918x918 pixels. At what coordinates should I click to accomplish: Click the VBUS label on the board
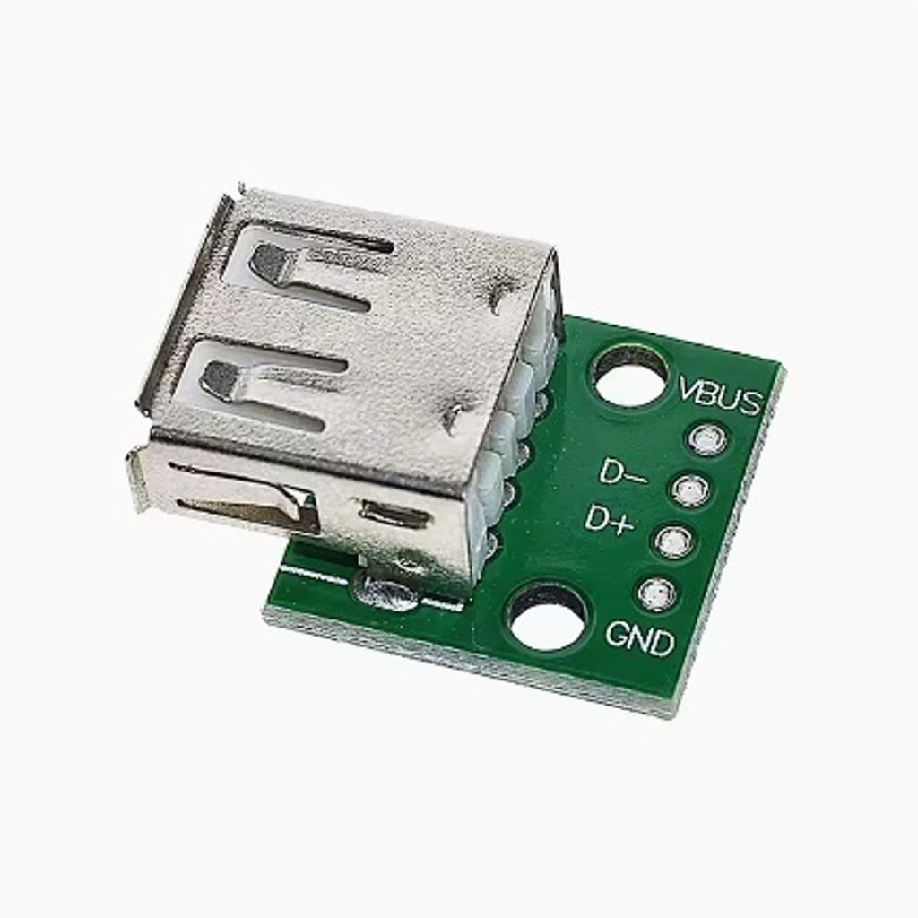click(x=721, y=397)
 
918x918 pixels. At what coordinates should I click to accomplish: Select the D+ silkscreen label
click(x=610, y=519)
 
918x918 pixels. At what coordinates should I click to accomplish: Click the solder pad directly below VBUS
click(x=708, y=439)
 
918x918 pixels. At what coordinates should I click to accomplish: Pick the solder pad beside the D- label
click(x=691, y=489)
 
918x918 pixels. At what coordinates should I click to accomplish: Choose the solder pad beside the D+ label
click(x=674, y=541)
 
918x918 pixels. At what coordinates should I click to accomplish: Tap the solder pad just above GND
click(x=657, y=593)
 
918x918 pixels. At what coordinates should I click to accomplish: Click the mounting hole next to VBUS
click(x=630, y=375)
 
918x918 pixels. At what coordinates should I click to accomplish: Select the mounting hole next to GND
click(x=548, y=617)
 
